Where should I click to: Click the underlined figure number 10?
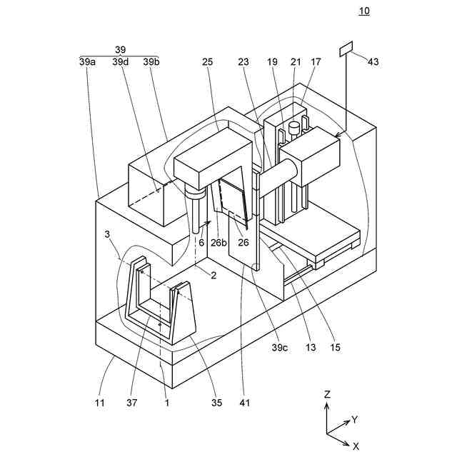coord(365,11)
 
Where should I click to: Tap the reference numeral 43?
coord(373,61)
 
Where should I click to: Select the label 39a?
coord(88,62)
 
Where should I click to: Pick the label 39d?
coord(120,62)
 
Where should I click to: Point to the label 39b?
coord(151,62)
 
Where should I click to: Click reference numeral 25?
coord(208,62)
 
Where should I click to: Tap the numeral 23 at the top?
coord(243,62)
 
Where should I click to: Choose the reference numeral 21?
coord(296,62)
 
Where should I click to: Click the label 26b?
coord(219,242)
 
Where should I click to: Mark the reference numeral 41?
coord(245,403)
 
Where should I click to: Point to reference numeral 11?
coord(100,403)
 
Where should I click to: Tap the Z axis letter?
coord(326,393)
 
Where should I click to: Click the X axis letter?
coord(356,445)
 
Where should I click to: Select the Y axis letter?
coord(354,420)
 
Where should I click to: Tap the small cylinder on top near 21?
coord(293,129)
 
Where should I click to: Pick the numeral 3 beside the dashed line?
coord(107,233)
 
